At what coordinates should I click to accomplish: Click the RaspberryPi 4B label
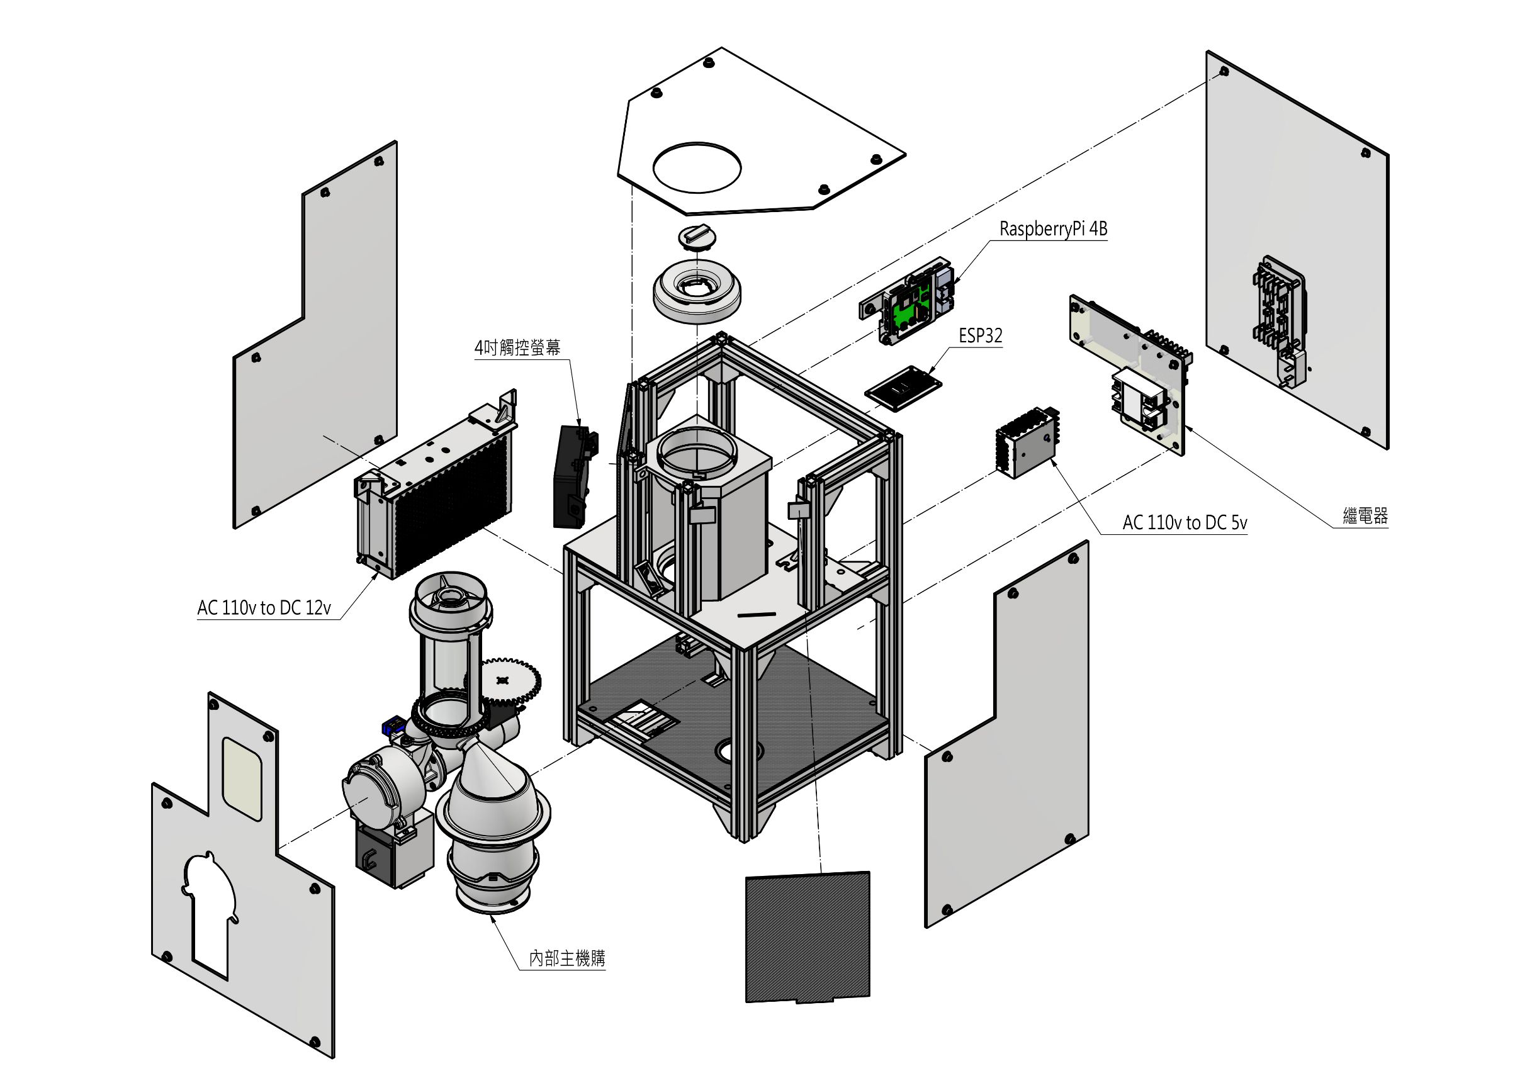pos(1053,229)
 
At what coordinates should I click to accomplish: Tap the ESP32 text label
pos(980,335)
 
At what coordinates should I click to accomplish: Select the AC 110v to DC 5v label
pos(1185,522)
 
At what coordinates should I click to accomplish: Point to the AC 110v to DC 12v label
pos(264,607)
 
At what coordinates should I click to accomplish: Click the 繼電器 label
pos(1365,516)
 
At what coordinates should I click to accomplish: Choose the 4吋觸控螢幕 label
pos(517,347)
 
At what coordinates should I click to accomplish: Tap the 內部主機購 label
pos(567,958)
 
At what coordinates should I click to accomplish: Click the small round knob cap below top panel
pos(697,237)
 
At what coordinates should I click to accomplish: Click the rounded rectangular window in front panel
pos(242,778)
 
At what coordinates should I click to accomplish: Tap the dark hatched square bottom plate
pos(808,937)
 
